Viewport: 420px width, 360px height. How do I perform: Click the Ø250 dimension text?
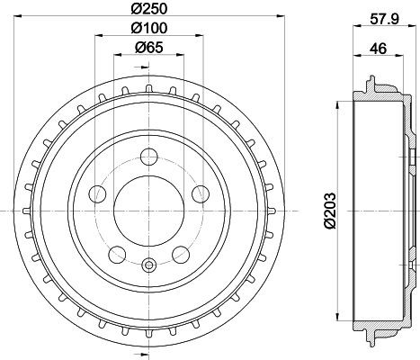tap(148, 10)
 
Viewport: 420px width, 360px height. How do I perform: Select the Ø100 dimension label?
tap(148, 29)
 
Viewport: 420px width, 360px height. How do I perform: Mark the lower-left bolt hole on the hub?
tap(117, 251)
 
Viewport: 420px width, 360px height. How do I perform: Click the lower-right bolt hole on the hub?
tap(181, 251)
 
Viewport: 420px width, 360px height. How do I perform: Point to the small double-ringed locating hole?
tap(148, 265)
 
